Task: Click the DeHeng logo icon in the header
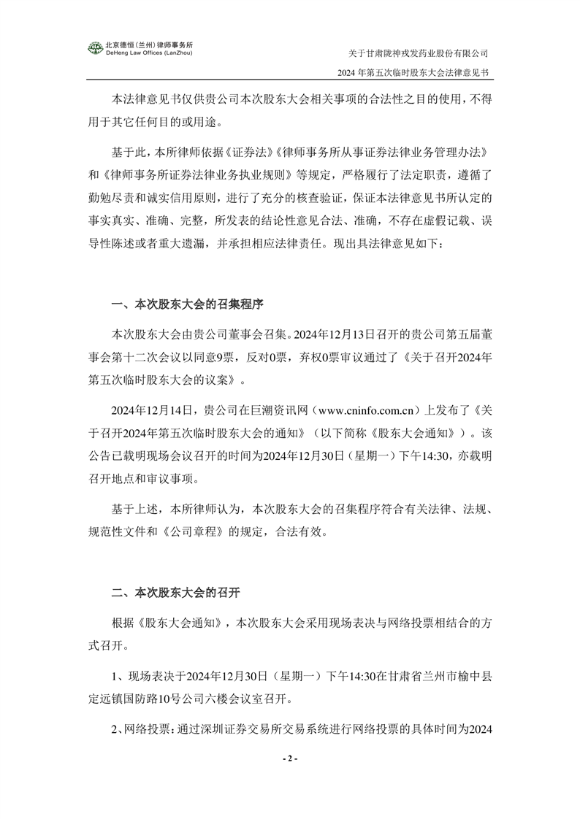click(95, 47)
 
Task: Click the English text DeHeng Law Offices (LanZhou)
click(150, 53)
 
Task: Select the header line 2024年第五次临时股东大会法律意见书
click(412, 74)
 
